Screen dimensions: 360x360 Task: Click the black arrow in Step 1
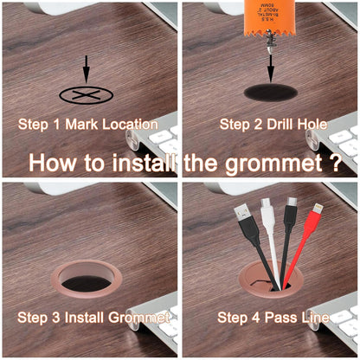click(x=86, y=69)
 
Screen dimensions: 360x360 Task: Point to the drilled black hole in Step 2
click(x=272, y=92)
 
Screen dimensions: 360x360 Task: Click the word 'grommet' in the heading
click(x=280, y=163)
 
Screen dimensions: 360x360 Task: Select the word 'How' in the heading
click(x=56, y=163)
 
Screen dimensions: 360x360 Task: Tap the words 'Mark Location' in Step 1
click(x=112, y=124)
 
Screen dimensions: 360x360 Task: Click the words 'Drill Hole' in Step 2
click(x=295, y=124)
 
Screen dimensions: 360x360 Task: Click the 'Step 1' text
click(x=40, y=124)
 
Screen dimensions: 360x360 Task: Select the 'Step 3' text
click(x=40, y=318)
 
